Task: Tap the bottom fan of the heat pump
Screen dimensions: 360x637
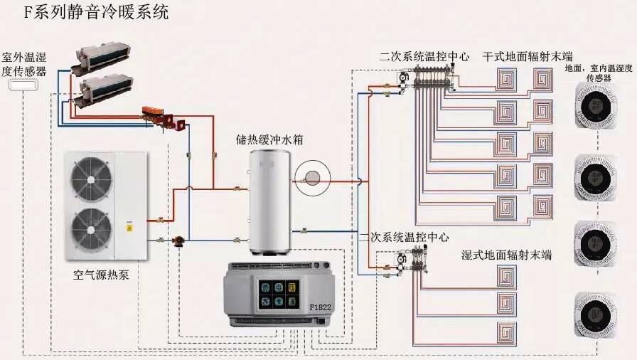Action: click(x=90, y=228)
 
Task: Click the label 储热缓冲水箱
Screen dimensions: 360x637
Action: click(x=270, y=139)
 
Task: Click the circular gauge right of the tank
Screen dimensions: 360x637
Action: click(x=311, y=180)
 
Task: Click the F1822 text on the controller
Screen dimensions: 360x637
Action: click(x=321, y=307)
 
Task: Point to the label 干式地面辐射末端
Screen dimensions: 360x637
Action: click(x=528, y=56)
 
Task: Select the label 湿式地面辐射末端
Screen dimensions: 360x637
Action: click(x=506, y=255)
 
